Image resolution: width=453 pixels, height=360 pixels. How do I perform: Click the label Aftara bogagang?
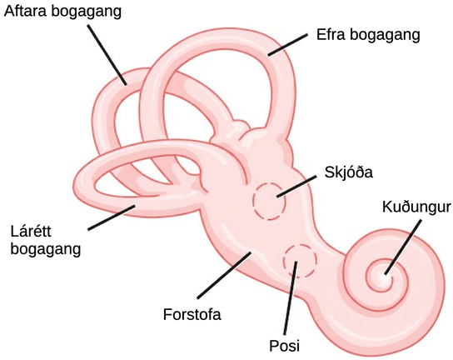coord(62,12)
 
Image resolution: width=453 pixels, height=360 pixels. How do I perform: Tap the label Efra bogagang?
coord(368,35)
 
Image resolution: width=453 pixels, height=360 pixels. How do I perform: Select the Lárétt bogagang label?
coord(45,240)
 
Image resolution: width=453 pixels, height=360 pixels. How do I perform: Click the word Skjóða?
coord(349,172)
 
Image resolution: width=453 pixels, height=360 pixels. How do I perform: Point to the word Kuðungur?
coord(416,207)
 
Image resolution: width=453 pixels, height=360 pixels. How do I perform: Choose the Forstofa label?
coord(192,314)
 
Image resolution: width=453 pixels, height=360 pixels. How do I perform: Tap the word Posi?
coord(284,346)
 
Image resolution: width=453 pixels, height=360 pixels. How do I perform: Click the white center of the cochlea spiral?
coord(384,277)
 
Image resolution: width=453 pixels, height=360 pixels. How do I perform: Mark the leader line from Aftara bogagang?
coord(107,55)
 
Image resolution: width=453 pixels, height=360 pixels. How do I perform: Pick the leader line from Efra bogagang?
coord(287,45)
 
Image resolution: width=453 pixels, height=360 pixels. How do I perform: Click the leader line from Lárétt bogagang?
coord(112,217)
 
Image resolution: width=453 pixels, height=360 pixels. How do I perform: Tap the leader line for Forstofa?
coord(224,275)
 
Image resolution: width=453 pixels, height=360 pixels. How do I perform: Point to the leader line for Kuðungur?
coord(402,247)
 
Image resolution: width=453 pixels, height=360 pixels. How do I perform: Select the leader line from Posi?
coord(291,298)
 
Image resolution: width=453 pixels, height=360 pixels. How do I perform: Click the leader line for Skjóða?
coord(296,186)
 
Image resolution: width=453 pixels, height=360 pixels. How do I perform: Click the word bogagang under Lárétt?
coord(45,249)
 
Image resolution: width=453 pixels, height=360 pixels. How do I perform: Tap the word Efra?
coord(331,35)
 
